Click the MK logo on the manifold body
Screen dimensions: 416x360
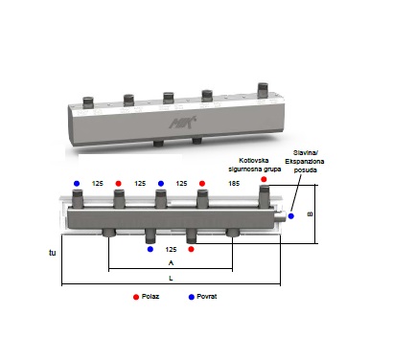tap(182, 123)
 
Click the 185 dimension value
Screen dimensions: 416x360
tap(234, 184)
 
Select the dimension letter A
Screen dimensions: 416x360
tap(171, 263)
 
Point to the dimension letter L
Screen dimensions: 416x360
tap(171, 279)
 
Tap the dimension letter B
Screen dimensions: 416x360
tap(310, 214)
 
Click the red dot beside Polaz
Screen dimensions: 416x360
tap(136, 297)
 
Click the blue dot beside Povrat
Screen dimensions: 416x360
tap(192, 297)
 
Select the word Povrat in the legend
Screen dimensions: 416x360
tap(207, 297)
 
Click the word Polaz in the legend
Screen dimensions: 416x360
tap(150, 297)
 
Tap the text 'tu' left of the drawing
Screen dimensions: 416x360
tap(53, 253)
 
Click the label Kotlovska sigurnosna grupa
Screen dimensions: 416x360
tap(254, 165)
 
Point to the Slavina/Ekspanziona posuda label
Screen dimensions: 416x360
tap(305, 162)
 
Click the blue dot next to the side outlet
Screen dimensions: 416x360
tap(290, 216)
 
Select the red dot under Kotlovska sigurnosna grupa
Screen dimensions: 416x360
tap(264, 179)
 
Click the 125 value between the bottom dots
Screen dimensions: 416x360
tap(171, 249)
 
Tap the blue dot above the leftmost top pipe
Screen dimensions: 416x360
tap(77, 183)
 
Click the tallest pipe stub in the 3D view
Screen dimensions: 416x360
tap(263, 90)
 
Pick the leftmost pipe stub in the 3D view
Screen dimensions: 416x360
tap(87, 101)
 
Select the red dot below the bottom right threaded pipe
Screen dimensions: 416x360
tap(191, 249)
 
